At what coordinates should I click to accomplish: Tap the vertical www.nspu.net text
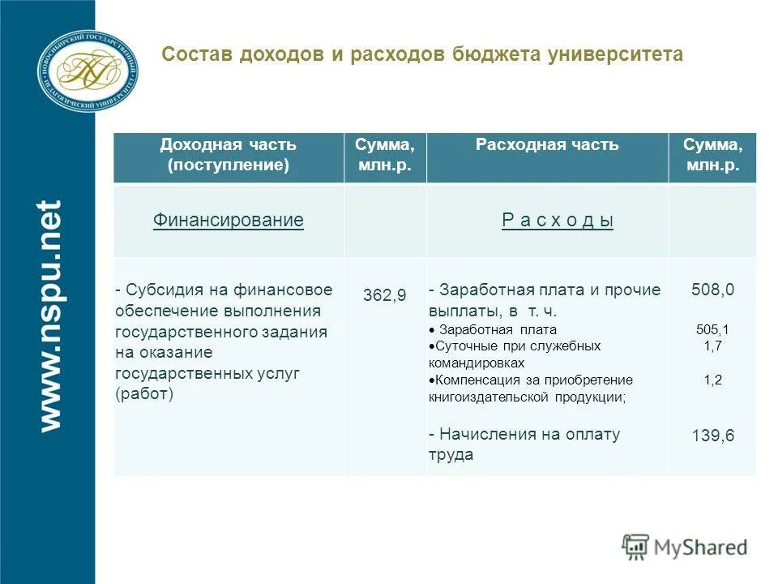pyautogui.click(x=49, y=315)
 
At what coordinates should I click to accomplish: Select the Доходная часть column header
pyautogui.click(x=228, y=155)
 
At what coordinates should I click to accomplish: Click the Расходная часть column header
pyautogui.click(x=547, y=145)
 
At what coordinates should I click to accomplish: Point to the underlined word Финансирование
pyautogui.click(x=228, y=220)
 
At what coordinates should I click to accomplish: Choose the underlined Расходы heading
pyautogui.click(x=558, y=221)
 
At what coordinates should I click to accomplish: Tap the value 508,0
pyautogui.click(x=712, y=290)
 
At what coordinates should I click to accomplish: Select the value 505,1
pyautogui.click(x=712, y=329)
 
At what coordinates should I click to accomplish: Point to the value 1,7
pyautogui.click(x=712, y=346)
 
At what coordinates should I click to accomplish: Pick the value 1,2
pyautogui.click(x=712, y=380)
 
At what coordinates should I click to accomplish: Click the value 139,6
pyautogui.click(x=712, y=436)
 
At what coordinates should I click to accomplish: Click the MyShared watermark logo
pyautogui.click(x=685, y=547)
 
